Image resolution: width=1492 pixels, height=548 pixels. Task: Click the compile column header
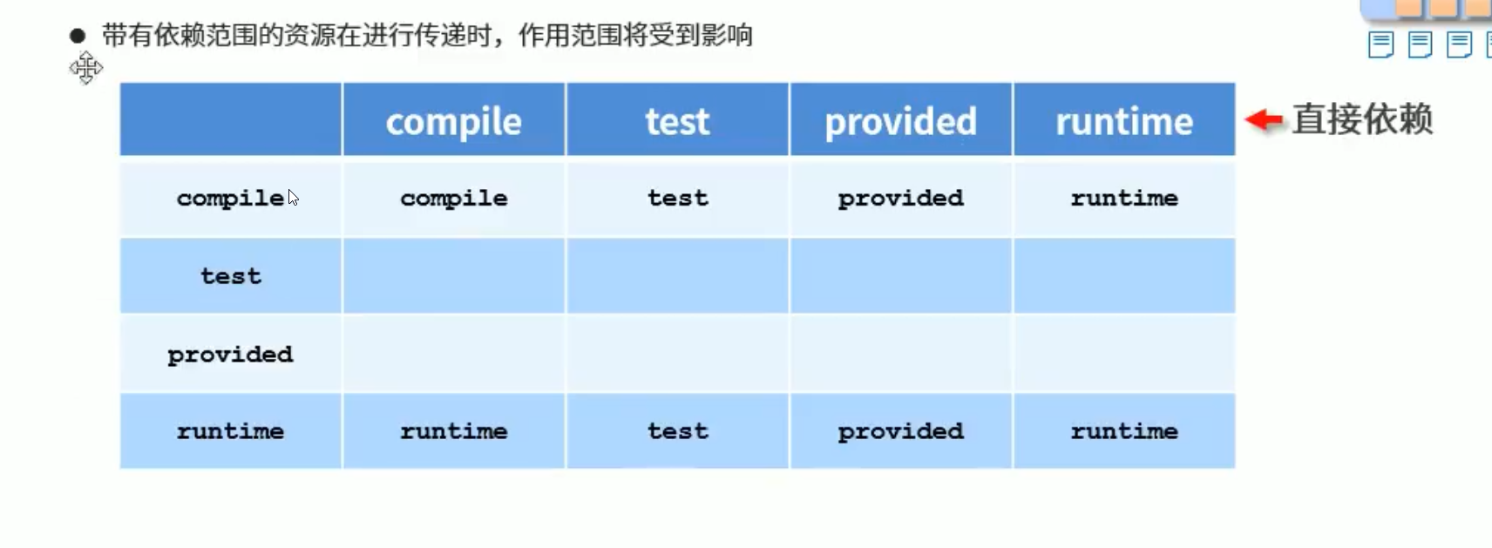(x=453, y=122)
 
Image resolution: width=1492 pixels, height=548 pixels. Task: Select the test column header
(x=677, y=122)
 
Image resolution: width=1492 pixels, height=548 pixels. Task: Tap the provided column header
(x=900, y=122)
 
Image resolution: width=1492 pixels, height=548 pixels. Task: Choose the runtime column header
(x=1124, y=122)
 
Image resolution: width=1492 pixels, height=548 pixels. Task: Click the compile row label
(x=230, y=199)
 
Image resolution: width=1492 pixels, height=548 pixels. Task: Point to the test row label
(x=230, y=275)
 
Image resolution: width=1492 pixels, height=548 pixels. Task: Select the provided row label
(x=230, y=355)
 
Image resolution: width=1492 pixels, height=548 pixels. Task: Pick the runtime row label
(x=230, y=431)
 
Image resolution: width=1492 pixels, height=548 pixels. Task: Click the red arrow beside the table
(x=1264, y=120)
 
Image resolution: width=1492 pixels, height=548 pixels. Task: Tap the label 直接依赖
(x=1363, y=120)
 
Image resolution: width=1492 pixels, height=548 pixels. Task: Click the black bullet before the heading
(x=78, y=36)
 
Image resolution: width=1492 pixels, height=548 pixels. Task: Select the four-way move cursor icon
(x=86, y=68)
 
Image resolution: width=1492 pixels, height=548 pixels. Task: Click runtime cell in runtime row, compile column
(x=453, y=431)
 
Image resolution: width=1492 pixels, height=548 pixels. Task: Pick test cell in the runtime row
(x=677, y=431)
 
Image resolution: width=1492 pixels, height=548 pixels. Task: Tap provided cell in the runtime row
(x=900, y=431)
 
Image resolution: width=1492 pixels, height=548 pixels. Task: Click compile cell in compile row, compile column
(x=453, y=199)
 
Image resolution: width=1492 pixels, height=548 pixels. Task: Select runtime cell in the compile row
(x=1124, y=199)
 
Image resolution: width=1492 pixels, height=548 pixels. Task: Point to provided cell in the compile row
(x=900, y=199)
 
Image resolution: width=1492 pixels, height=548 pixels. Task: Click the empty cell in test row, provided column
(x=900, y=275)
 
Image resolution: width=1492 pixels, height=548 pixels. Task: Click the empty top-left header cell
(x=230, y=119)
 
